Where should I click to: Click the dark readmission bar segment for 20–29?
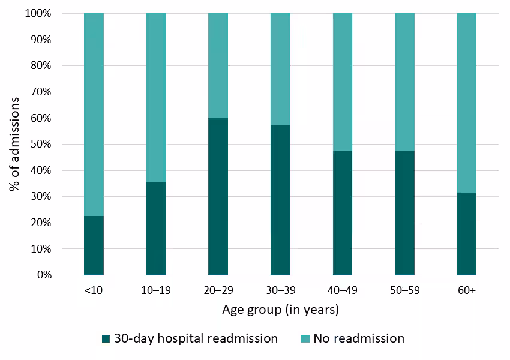pyautogui.click(x=218, y=197)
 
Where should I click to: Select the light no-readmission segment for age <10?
pyautogui.click(x=94, y=114)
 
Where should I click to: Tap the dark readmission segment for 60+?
pyautogui.click(x=466, y=234)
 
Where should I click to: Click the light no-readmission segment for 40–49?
pyautogui.click(x=342, y=82)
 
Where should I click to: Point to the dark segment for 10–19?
pyautogui.click(x=156, y=228)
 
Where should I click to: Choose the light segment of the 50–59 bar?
pyautogui.click(x=404, y=82)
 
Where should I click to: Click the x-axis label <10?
pyautogui.click(x=94, y=291)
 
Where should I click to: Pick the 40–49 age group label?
pyautogui.click(x=342, y=291)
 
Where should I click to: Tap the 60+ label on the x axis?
pyautogui.click(x=466, y=291)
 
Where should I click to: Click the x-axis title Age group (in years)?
pyautogui.click(x=280, y=310)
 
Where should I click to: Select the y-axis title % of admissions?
pyautogui.click(x=15, y=144)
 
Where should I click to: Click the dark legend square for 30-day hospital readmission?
pyautogui.click(x=107, y=339)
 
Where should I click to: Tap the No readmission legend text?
pyautogui.click(x=359, y=338)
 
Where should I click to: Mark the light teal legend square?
pyautogui.click(x=305, y=339)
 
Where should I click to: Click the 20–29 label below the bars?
pyautogui.click(x=218, y=291)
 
